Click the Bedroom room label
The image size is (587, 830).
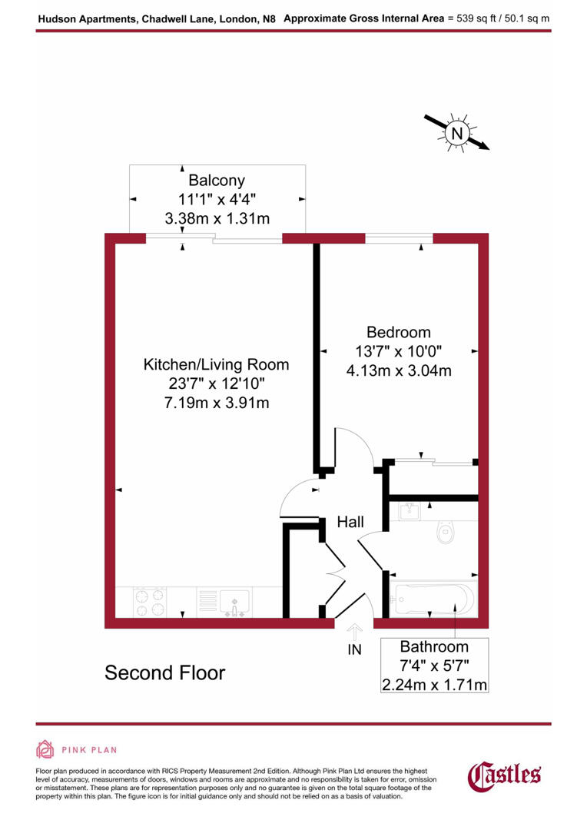[398, 333]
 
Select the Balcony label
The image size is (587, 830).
[217, 181]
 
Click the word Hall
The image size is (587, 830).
[350, 523]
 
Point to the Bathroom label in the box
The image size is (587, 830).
[435, 646]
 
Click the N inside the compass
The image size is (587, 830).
[458, 133]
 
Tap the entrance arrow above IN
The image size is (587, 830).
[354, 632]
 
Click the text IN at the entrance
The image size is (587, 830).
[354, 650]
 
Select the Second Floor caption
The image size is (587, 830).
[164, 673]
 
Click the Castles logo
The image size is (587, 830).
[505, 774]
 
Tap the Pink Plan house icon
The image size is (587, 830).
[45, 749]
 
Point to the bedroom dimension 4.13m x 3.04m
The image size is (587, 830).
[398, 370]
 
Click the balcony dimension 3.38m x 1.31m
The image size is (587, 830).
[217, 218]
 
